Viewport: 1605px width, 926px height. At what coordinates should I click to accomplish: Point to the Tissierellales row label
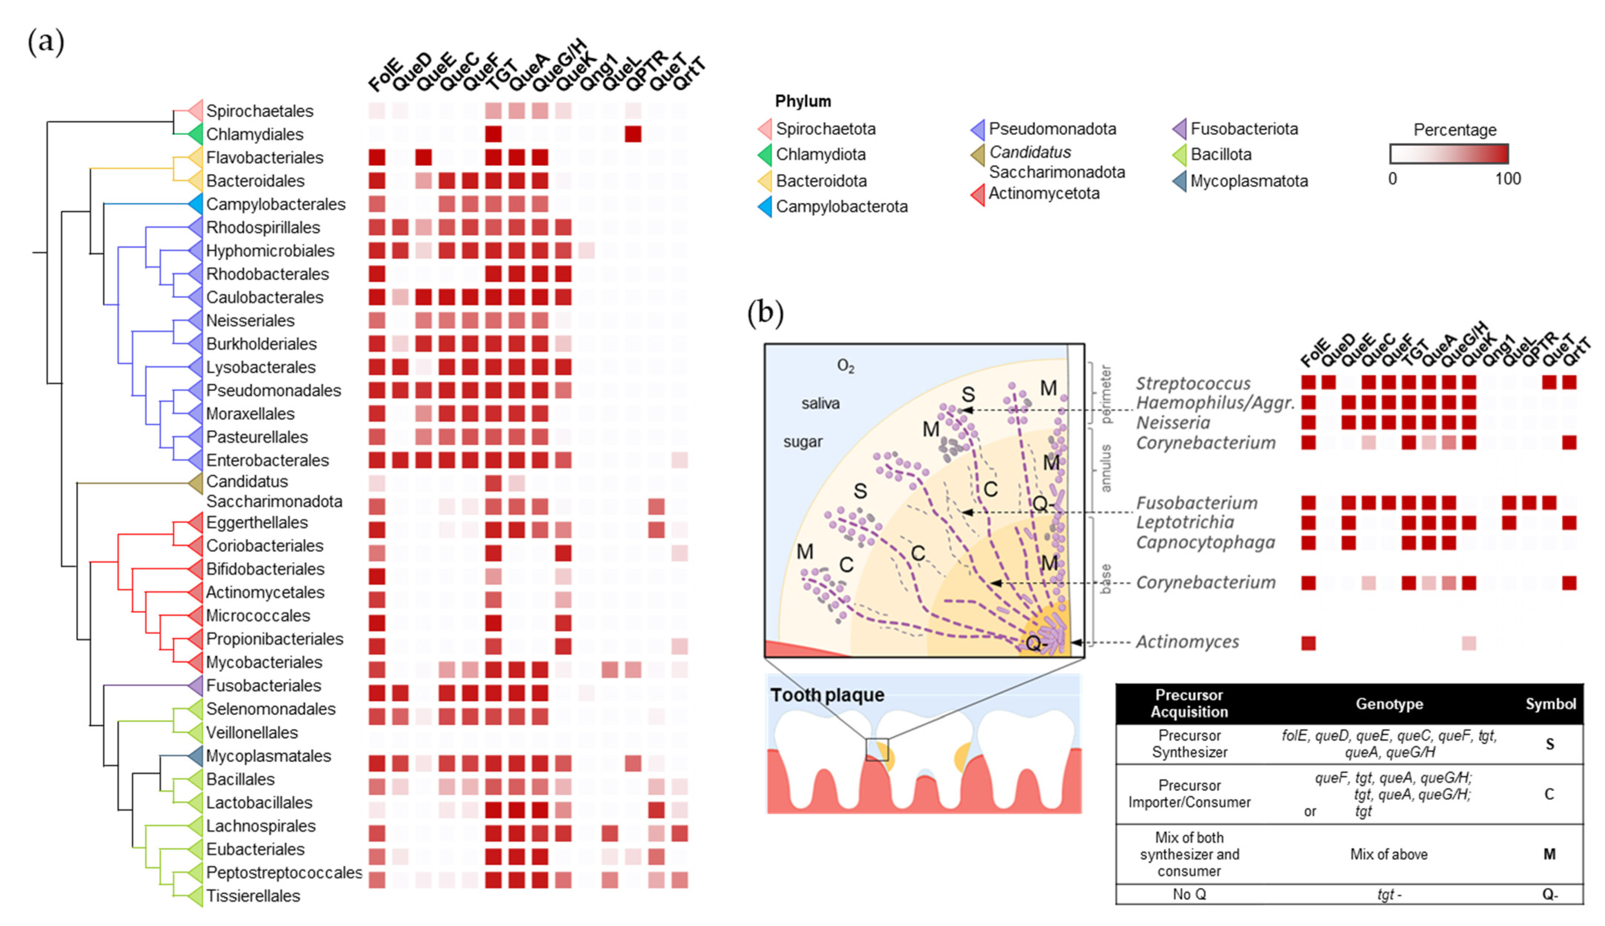[253, 896]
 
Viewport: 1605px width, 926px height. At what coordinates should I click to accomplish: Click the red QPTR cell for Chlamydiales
[633, 134]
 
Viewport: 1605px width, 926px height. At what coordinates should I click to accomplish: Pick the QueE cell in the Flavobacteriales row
[423, 157]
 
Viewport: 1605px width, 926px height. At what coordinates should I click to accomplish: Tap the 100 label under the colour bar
[1507, 179]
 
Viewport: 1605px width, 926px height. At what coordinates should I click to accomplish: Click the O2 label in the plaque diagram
[845, 366]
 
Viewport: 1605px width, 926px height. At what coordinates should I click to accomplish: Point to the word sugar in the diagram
[802, 442]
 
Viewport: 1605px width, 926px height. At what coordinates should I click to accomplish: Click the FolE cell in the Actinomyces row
[1308, 643]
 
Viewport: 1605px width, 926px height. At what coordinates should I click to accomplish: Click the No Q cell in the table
[1189, 894]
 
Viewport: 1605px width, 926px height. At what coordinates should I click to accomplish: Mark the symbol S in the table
[1550, 744]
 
